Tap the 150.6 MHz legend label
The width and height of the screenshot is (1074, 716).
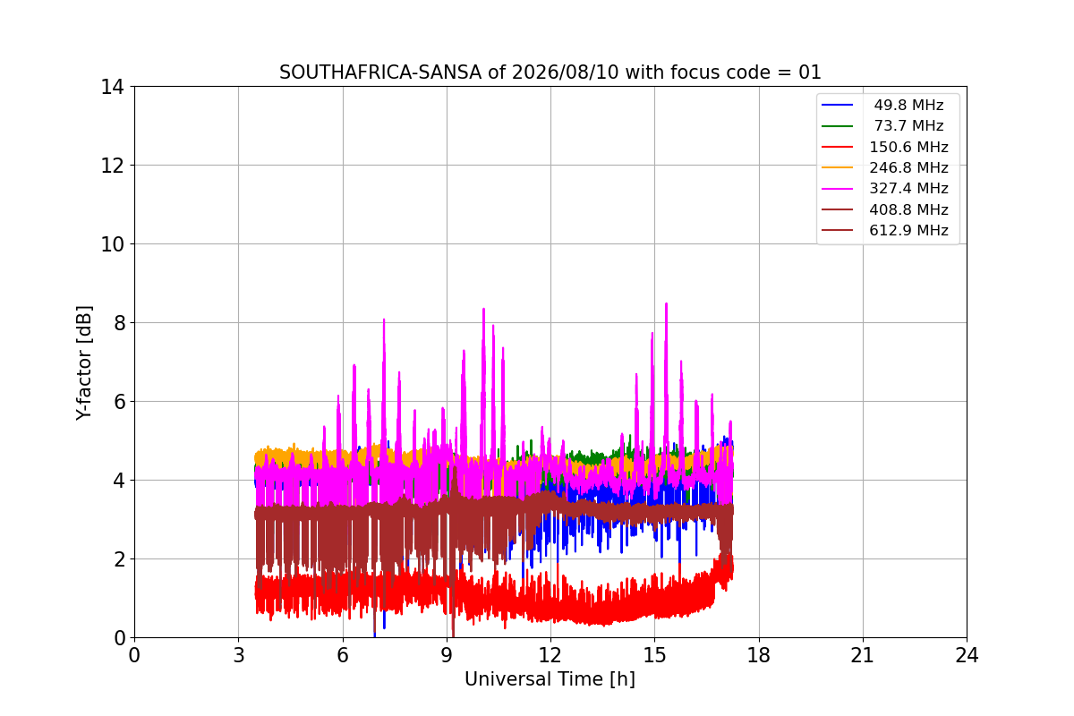pos(908,147)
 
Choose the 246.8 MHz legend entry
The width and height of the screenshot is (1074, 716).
pos(885,167)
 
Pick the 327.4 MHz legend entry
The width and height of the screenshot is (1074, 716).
pos(885,189)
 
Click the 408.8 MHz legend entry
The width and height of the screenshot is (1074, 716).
pos(885,209)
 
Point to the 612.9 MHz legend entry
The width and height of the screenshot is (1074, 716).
pos(885,230)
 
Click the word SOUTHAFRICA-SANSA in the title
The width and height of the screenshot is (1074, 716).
pos(380,72)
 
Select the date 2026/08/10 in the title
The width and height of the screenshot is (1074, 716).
pos(566,72)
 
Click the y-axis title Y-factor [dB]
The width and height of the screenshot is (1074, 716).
pos(84,363)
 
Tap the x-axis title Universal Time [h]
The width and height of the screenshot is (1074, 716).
pos(550,679)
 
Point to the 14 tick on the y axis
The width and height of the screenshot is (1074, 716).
pos(112,87)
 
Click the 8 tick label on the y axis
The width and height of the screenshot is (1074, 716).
pos(118,323)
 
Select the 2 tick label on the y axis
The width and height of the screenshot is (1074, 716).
pos(118,559)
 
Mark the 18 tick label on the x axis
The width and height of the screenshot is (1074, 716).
pos(759,655)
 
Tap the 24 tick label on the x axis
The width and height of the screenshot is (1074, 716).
pos(967,655)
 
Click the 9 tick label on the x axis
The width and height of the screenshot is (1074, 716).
pos(447,655)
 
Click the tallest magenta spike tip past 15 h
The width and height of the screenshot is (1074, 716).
pos(667,303)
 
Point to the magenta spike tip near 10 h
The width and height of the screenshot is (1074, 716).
pos(484,310)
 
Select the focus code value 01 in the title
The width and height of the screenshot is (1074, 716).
pos(810,72)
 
